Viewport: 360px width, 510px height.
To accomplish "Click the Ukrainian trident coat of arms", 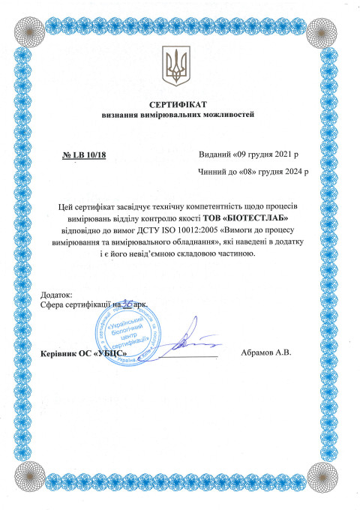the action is pos(179,65).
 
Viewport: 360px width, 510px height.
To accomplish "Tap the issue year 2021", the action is pos(279,154).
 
